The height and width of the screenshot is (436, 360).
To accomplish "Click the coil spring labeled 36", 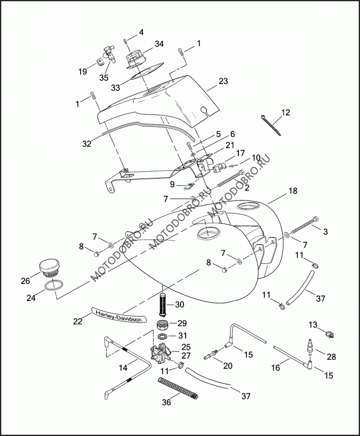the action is click(x=178, y=388).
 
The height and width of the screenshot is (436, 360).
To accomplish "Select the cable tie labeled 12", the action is click(x=271, y=125).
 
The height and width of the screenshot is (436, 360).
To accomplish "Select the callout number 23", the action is click(x=223, y=81).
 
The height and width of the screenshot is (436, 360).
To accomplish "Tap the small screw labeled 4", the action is click(x=125, y=41).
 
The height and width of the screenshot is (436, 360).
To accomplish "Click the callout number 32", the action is click(x=87, y=144).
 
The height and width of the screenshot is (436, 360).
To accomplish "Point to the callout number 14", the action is click(x=123, y=368).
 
